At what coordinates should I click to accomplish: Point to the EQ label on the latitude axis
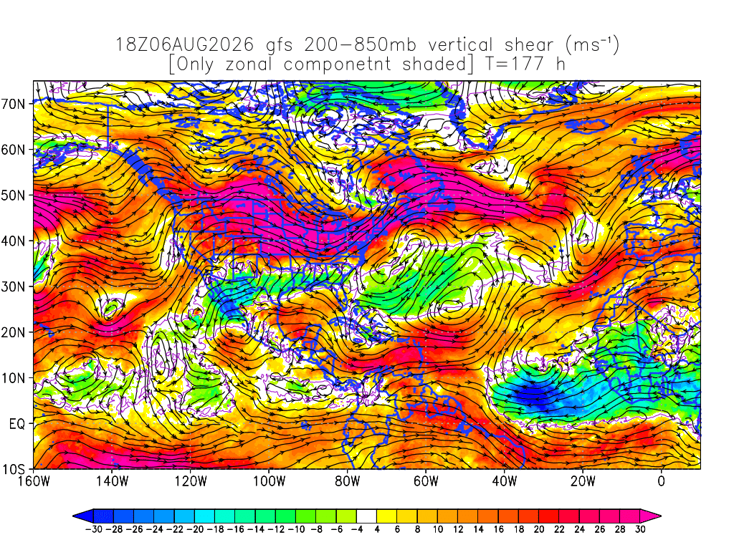17,424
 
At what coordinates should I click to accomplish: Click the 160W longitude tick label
34,481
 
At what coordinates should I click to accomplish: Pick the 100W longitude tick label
270,481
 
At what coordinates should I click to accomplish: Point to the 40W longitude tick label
504,481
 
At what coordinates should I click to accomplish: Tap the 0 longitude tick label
662,481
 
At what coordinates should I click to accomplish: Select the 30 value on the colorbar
640,529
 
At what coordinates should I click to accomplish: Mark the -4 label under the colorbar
357,529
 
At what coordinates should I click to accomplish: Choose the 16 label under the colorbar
499,529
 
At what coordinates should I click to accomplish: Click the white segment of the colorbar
366,516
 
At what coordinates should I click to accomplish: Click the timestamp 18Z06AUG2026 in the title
184,45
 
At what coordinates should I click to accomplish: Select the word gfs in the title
280,46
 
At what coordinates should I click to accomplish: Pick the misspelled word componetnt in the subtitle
337,64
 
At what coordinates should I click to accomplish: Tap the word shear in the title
529,45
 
